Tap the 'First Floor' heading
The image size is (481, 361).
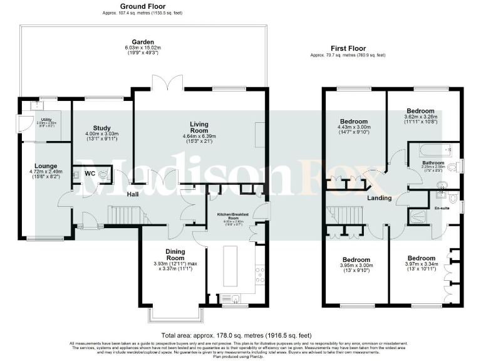[x=348, y=48]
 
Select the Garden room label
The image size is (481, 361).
[x=143, y=42]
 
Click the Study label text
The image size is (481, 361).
[x=101, y=128]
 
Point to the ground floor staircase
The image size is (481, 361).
[x=123, y=216]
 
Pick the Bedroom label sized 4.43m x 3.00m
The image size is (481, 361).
[x=354, y=122]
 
